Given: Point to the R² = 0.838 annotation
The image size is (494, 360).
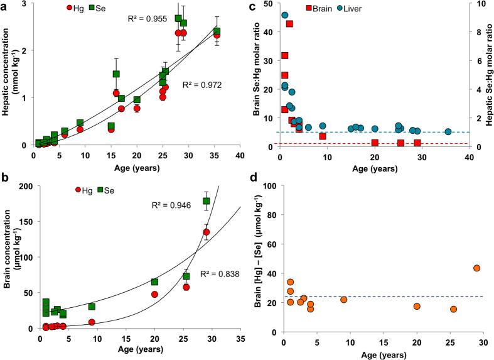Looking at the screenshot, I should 217,274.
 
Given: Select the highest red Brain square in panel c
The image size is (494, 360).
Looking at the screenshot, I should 289,24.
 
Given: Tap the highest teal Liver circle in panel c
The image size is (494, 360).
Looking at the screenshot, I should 285,15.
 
